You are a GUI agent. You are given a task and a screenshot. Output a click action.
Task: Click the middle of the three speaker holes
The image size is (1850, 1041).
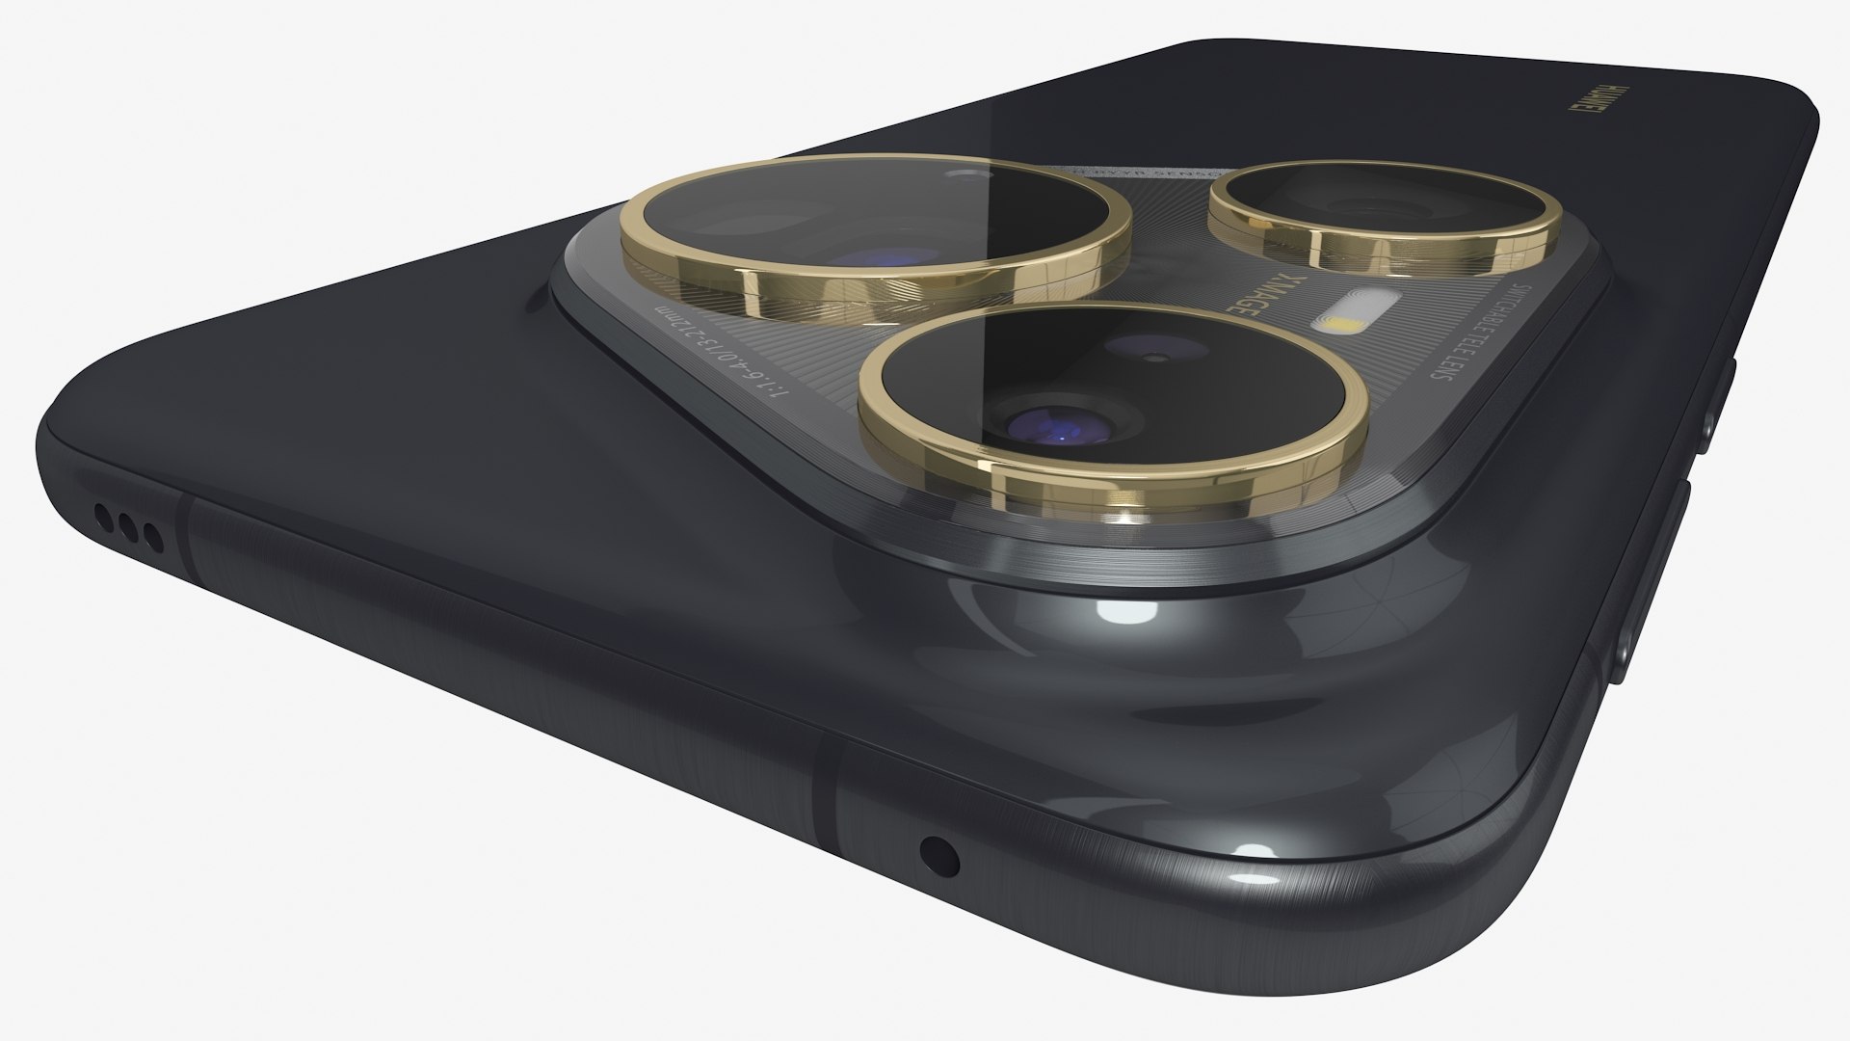coord(126,526)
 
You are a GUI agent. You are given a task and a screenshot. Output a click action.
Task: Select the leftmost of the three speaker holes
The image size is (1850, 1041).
coord(103,517)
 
